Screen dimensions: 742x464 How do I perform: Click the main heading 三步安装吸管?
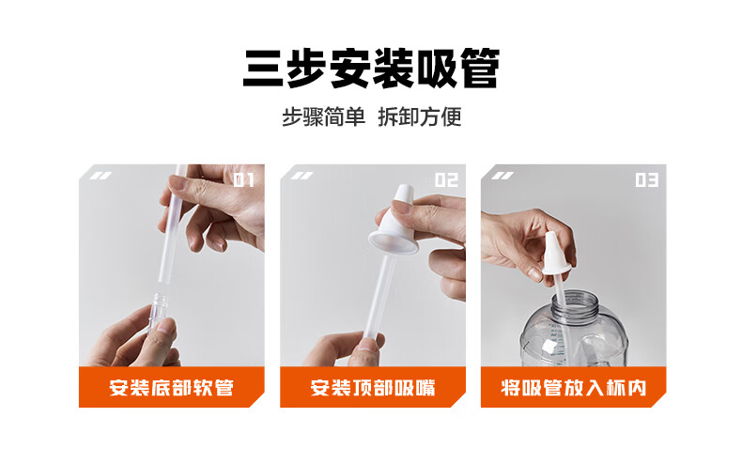coord(371,69)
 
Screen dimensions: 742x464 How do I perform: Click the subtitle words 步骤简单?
coord(323,117)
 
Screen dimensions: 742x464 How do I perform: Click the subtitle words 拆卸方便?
coord(419,117)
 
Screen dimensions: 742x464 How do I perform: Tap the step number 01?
coord(244,180)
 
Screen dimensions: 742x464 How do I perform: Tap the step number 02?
coord(446,180)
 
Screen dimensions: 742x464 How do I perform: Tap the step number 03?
coord(647,180)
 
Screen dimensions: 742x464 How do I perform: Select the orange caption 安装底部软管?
coord(171,388)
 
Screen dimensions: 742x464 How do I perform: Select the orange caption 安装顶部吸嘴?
coord(373,388)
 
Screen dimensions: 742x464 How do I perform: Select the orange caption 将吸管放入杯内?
coord(574,388)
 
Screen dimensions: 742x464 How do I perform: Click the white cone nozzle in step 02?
coord(394,222)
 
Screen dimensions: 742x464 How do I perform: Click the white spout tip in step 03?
coord(555,253)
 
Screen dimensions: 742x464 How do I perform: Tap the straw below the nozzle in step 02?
coord(379,296)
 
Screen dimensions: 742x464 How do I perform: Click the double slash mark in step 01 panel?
coord(100,176)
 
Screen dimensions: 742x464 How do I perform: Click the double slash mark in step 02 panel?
coord(301,176)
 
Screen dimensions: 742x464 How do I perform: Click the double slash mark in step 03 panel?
coord(502,176)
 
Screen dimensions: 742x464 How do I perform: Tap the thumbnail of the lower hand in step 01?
coord(165,326)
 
